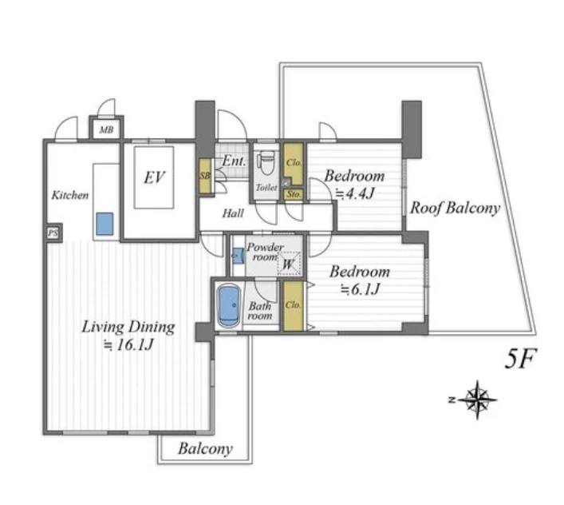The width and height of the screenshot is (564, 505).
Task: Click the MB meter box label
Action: click(106, 129)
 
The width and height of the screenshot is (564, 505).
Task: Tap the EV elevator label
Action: click(154, 177)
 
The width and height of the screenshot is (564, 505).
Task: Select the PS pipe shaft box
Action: click(53, 233)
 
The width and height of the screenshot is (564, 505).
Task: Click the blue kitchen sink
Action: click(105, 224)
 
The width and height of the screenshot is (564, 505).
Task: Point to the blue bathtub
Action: click(229, 306)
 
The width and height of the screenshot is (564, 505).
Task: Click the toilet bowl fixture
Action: click(266, 161)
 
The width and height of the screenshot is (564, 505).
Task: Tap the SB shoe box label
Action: click(205, 177)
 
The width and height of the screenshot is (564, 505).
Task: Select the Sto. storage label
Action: click(294, 194)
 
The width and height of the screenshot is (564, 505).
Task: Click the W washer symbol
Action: click(289, 264)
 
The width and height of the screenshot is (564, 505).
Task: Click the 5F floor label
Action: click(520, 359)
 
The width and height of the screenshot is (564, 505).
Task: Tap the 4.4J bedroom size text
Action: click(355, 194)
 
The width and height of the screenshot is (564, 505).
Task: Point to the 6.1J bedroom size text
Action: click(361, 289)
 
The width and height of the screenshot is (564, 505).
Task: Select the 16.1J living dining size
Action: click(128, 345)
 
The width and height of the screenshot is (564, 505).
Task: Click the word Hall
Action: click(233, 213)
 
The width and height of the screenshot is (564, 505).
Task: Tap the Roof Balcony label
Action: click(455, 208)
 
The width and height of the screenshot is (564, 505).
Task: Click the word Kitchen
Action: click(69, 195)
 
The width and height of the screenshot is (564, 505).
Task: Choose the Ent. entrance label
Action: click(234, 161)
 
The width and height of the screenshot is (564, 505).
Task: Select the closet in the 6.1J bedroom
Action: click(293, 305)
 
